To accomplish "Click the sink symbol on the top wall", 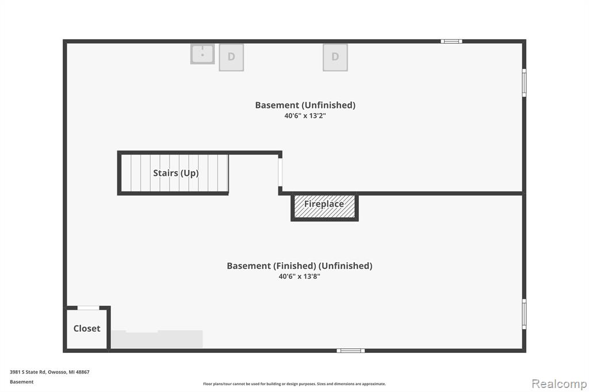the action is pyautogui.click(x=202, y=54).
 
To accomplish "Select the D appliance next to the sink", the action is pyautogui.click(x=231, y=57).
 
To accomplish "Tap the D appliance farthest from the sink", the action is pyautogui.click(x=335, y=57).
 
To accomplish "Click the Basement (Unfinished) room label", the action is pyautogui.click(x=305, y=105).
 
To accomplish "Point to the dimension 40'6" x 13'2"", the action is pyautogui.click(x=305, y=116).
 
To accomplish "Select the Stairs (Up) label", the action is pyautogui.click(x=176, y=173).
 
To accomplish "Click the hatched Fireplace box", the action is pyautogui.click(x=324, y=206).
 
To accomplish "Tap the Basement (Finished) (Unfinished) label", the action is pyautogui.click(x=299, y=266).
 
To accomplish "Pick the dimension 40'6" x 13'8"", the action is pyautogui.click(x=299, y=276).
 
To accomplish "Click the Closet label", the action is pyautogui.click(x=87, y=329).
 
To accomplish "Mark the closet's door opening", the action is pyautogui.click(x=88, y=308).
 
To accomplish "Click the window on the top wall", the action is pyautogui.click(x=452, y=41).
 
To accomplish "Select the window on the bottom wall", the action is pyautogui.click(x=350, y=351).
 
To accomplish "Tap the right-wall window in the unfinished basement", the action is pyautogui.click(x=524, y=83).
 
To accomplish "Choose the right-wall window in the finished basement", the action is pyautogui.click(x=524, y=314).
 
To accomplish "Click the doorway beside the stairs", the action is pyautogui.click(x=280, y=172).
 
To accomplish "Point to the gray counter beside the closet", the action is pyautogui.click(x=157, y=339).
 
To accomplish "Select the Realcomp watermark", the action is pyautogui.click(x=559, y=384).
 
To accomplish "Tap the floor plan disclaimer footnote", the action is pyautogui.click(x=294, y=384).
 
